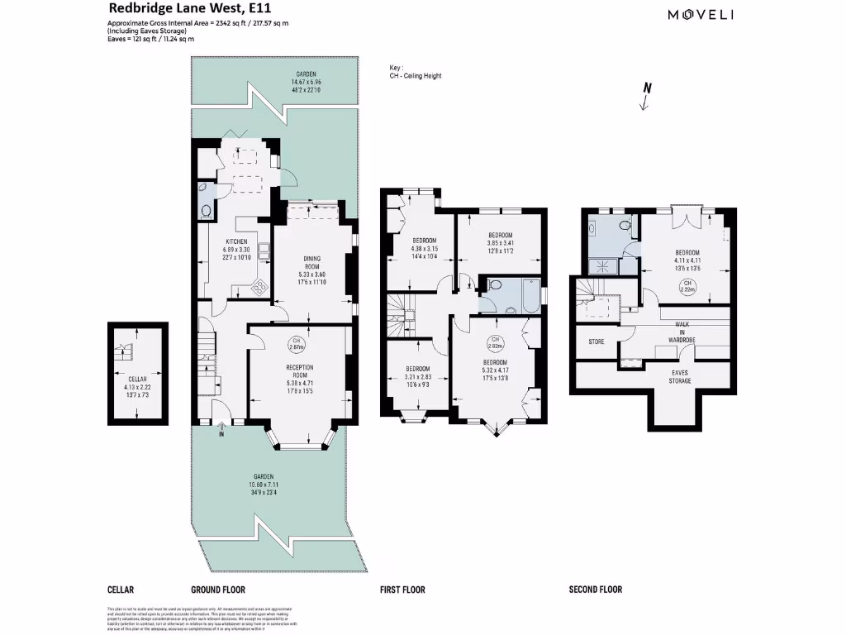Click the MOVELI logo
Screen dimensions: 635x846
click(x=701, y=14)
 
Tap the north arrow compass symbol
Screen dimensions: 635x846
click(x=647, y=96)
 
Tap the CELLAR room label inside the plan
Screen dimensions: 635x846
click(x=137, y=383)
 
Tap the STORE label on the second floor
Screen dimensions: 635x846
click(x=596, y=341)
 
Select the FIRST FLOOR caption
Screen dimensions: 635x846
click(x=402, y=590)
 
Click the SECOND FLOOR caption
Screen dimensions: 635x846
click(x=596, y=590)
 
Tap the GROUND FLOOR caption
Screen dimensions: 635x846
click(x=218, y=590)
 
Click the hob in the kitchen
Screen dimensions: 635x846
click(x=259, y=288)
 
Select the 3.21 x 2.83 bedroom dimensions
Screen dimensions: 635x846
click(x=417, y=379)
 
